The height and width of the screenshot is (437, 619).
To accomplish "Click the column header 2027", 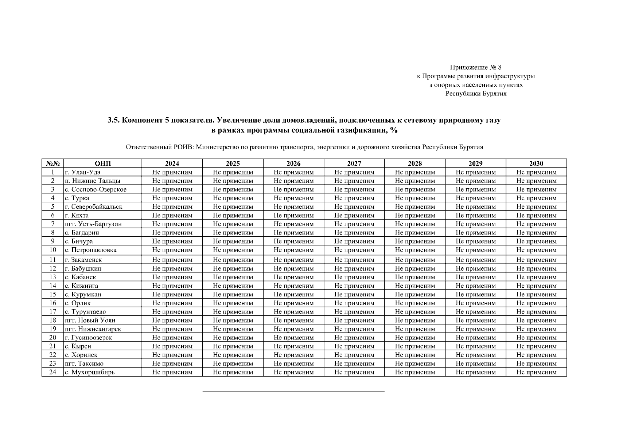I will point(354,164).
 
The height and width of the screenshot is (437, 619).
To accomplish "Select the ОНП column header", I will point(102,164).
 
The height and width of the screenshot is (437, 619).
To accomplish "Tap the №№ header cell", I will point(53,164).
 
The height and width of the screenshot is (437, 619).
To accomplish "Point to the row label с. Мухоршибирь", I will point(89,372).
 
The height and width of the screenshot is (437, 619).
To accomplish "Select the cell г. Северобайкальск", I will point(93,207).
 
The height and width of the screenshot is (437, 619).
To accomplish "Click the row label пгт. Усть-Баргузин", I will point(93,224).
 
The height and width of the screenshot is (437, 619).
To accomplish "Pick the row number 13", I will point(53,277).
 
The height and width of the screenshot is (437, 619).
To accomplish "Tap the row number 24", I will point(53,372).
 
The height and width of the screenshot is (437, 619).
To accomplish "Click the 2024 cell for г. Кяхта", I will point(172,216).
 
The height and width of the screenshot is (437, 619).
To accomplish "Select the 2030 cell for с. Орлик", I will point(536,303).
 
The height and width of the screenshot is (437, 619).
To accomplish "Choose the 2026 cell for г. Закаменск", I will point(293,260).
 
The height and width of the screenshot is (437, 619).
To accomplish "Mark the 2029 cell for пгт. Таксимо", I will point(475,363).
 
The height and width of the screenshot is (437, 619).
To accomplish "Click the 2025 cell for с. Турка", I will point(233,198).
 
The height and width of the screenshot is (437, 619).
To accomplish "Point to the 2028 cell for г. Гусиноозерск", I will point(415,338).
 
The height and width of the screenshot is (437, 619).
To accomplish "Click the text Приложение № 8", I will point(476,67).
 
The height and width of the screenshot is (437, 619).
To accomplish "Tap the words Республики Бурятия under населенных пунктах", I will point(476,94).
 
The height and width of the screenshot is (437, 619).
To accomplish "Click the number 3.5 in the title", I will point(113,120).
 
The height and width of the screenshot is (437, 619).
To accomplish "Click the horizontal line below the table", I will point(293,391).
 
